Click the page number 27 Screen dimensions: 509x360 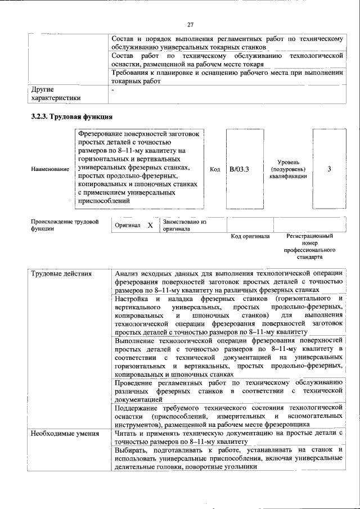click(x=190, y=24)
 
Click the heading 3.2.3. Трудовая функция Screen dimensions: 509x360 click(x=71, y=118)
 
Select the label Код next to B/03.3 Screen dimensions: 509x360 click(x=215, y=169)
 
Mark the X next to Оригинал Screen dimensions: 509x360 click(x=150, y=225)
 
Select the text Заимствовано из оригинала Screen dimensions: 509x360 click(x=184, y=225)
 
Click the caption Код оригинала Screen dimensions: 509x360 click(x=250, y=236)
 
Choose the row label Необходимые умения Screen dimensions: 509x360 click(x=65, y=433)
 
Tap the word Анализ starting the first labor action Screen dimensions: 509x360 click(x=128, y=274)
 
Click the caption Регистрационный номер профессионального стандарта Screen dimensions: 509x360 click(x=309, y=246)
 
